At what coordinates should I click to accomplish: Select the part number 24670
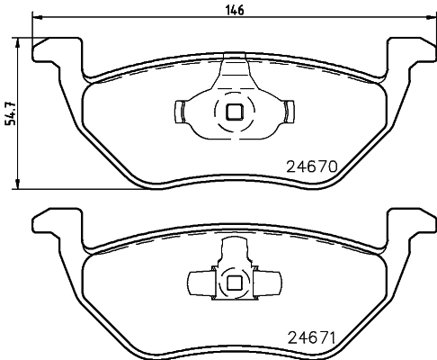pyautogui.click(x=310, y=166)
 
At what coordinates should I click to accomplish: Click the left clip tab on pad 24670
pyautogui.click(x=177, y=112)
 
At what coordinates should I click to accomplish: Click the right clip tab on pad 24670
pyautogui.click(x=291, y=112)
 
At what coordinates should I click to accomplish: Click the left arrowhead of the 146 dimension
pyautogui.click(x=37, y=18)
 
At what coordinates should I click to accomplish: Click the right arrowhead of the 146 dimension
pyautogui.click(x=431, y=18)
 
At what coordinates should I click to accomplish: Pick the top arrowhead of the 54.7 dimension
pyautogui.click(x=21, y=41)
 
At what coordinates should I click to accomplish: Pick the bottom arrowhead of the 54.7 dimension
pyautogui.click(x=21, y=185)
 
